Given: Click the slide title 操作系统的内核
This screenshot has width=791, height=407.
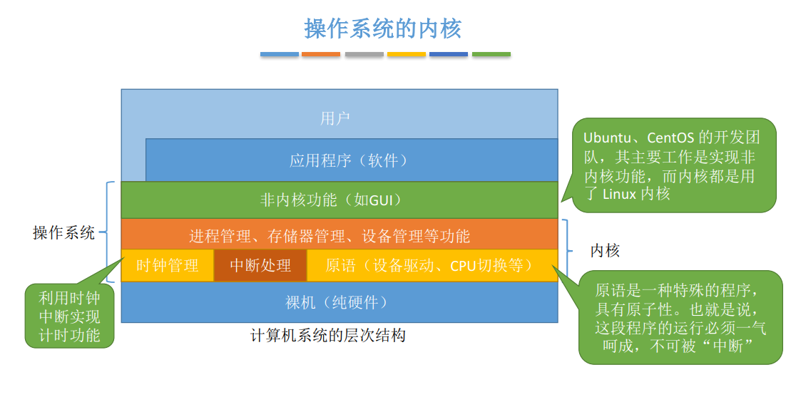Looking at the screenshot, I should click(x=383, y=29).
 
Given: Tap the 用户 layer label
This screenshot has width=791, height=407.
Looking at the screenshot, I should click(x=335, y=118).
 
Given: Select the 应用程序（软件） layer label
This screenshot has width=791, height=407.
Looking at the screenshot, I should click(x=349, y=160).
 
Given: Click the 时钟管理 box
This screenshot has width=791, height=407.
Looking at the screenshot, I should click(x=168, y=265).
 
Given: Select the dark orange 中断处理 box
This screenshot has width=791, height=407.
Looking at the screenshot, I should click(x=260, y=265).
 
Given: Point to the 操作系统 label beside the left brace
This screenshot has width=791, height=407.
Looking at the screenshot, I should click(x=63, y=232).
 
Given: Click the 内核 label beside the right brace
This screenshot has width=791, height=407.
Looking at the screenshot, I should click(x=605, y=250).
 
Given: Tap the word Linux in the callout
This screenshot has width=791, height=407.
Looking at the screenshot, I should click(x=619, y=193).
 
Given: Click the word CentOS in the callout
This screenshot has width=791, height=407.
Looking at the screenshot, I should click(x=670, y=137).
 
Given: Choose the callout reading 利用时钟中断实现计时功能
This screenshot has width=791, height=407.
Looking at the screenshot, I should click(x=69, y=316).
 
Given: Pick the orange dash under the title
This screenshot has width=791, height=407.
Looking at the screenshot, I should click(x=321, y=54).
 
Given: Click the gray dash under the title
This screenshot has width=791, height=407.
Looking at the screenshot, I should click(x=364, y=54).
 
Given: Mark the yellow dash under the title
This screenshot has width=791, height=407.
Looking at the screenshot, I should click(x=407, y=54).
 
